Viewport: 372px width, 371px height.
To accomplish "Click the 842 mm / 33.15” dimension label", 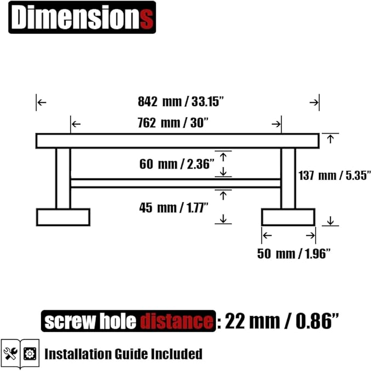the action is tap(181, 102).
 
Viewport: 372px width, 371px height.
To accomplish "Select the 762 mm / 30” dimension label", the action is tap(173, 123).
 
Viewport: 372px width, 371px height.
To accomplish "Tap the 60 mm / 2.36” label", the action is tap(177, 164).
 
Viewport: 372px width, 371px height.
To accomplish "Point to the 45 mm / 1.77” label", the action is tap(174, 208).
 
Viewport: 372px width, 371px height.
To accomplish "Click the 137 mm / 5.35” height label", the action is tap(335, 176).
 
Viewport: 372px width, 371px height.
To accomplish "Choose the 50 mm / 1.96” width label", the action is tap(294, 254).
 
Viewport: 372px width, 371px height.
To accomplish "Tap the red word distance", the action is tap(176, 321).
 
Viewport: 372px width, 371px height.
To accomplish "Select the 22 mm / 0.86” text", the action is tap(282, 321).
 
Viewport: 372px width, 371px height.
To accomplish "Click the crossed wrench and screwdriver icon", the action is tap(10, 353).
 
